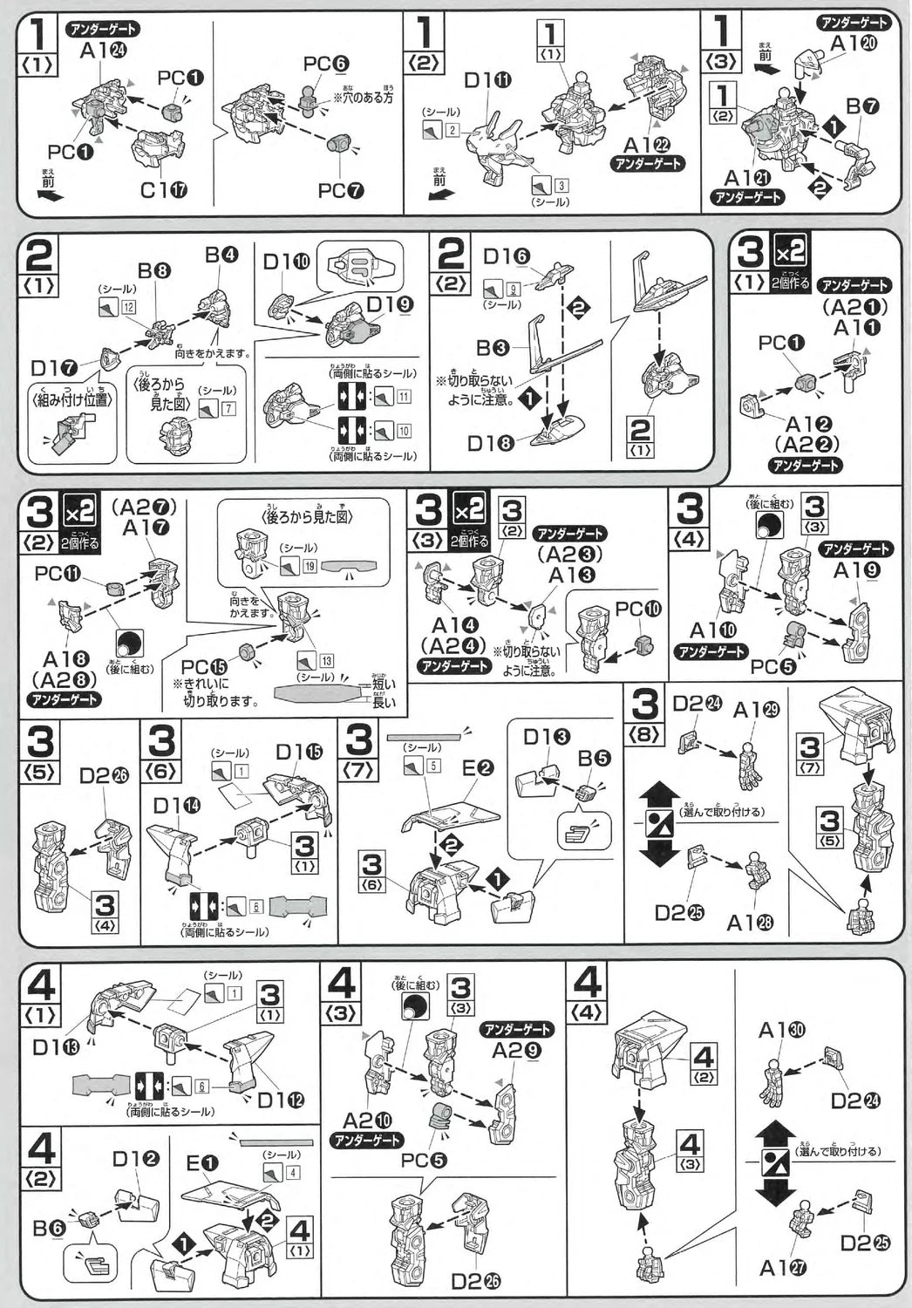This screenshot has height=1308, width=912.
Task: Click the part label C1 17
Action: (x=163, y=189)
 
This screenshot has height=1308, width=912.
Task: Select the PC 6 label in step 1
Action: (x=326, y=64)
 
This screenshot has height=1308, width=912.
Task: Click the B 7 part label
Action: (x=861, y=107)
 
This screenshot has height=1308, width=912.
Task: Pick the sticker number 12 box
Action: (x=129, y=307)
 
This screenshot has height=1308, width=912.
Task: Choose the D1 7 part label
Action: (x=53, y=367)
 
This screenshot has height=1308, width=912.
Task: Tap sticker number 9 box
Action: (x=513, y=288)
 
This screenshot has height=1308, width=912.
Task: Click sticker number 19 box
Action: (x=310, y=566)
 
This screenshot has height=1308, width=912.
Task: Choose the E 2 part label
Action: (x=478, y=768)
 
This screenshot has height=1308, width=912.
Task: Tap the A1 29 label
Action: (x=756, y=710)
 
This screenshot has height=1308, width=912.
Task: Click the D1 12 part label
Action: (x=281, y=1100)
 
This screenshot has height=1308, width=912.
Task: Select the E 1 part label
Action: (x=202, y=1163)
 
